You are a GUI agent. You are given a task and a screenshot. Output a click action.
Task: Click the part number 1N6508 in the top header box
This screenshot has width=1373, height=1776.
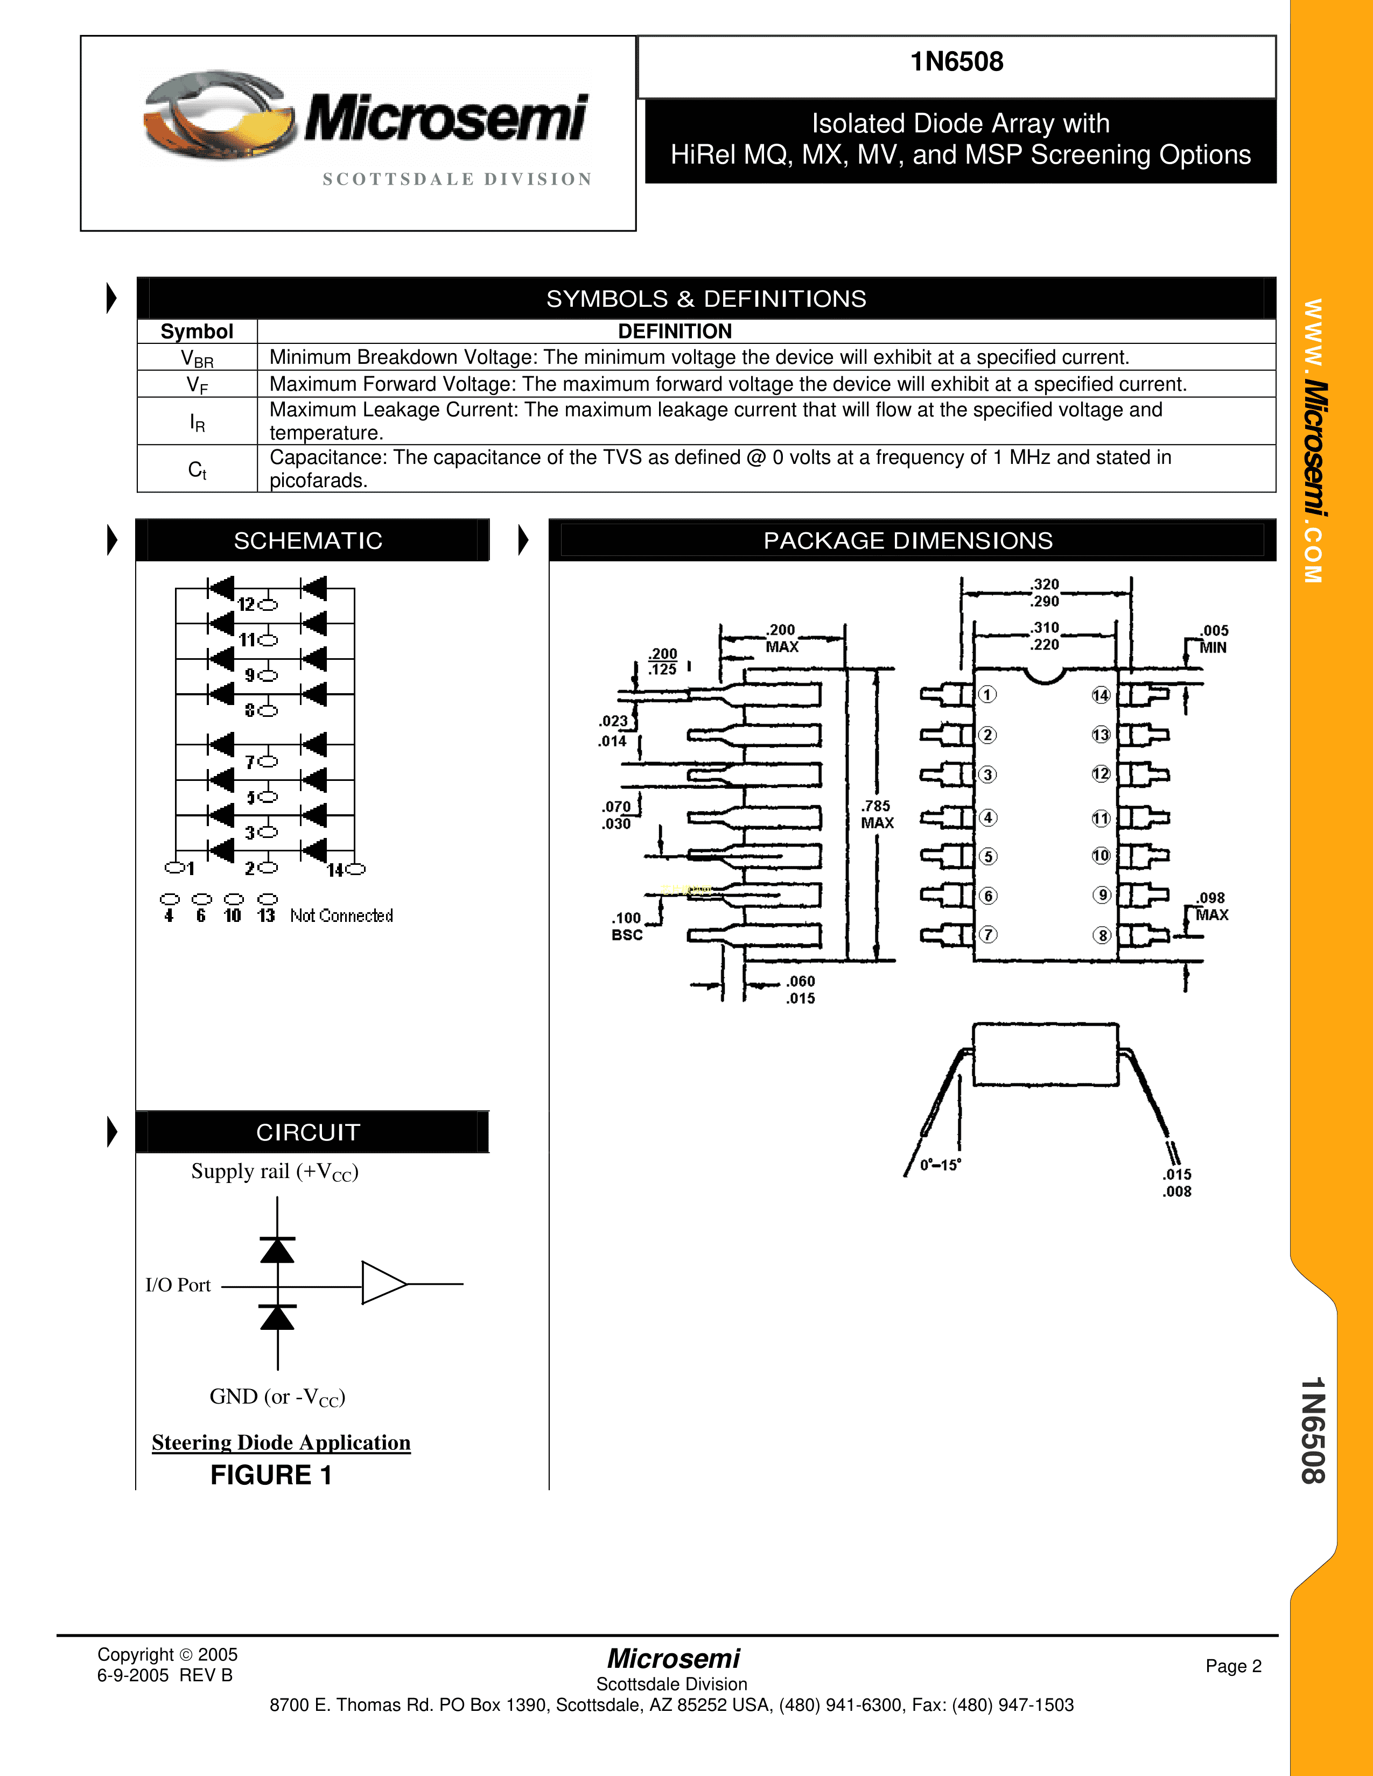tap(957, 62)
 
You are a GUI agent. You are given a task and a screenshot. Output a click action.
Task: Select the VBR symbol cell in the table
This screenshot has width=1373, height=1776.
tap(197, 358)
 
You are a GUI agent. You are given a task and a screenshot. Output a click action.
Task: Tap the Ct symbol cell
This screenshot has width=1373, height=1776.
tap(197, 469)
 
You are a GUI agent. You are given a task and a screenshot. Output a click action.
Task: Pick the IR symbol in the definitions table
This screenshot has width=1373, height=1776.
tap(197, 422)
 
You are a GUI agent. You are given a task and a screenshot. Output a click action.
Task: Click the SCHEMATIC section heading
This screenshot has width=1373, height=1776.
tap(309, 541)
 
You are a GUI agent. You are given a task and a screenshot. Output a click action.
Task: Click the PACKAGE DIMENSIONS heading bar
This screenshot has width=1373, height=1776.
tap(908, 541)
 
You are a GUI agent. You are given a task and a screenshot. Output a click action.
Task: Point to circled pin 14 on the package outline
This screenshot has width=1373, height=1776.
tap(1101, 695)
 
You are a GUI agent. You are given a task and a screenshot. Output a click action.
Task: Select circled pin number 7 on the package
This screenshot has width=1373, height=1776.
tap(987, 934)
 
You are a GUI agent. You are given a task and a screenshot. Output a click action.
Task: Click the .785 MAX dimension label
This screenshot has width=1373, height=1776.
tap(877, 814)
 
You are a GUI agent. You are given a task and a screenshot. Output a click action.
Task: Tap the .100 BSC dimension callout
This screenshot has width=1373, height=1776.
tap(627, 926)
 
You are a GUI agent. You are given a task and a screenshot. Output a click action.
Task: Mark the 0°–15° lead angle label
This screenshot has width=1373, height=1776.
tap(940, 1165)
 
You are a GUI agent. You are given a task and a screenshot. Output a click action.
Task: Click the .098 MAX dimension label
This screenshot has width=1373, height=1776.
tap(1211, 906)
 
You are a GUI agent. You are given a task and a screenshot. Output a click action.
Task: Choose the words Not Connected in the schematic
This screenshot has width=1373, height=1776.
tap(341, 915)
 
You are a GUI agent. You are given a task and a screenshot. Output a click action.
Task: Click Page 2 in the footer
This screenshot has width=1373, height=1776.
tap(1233, 1666)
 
